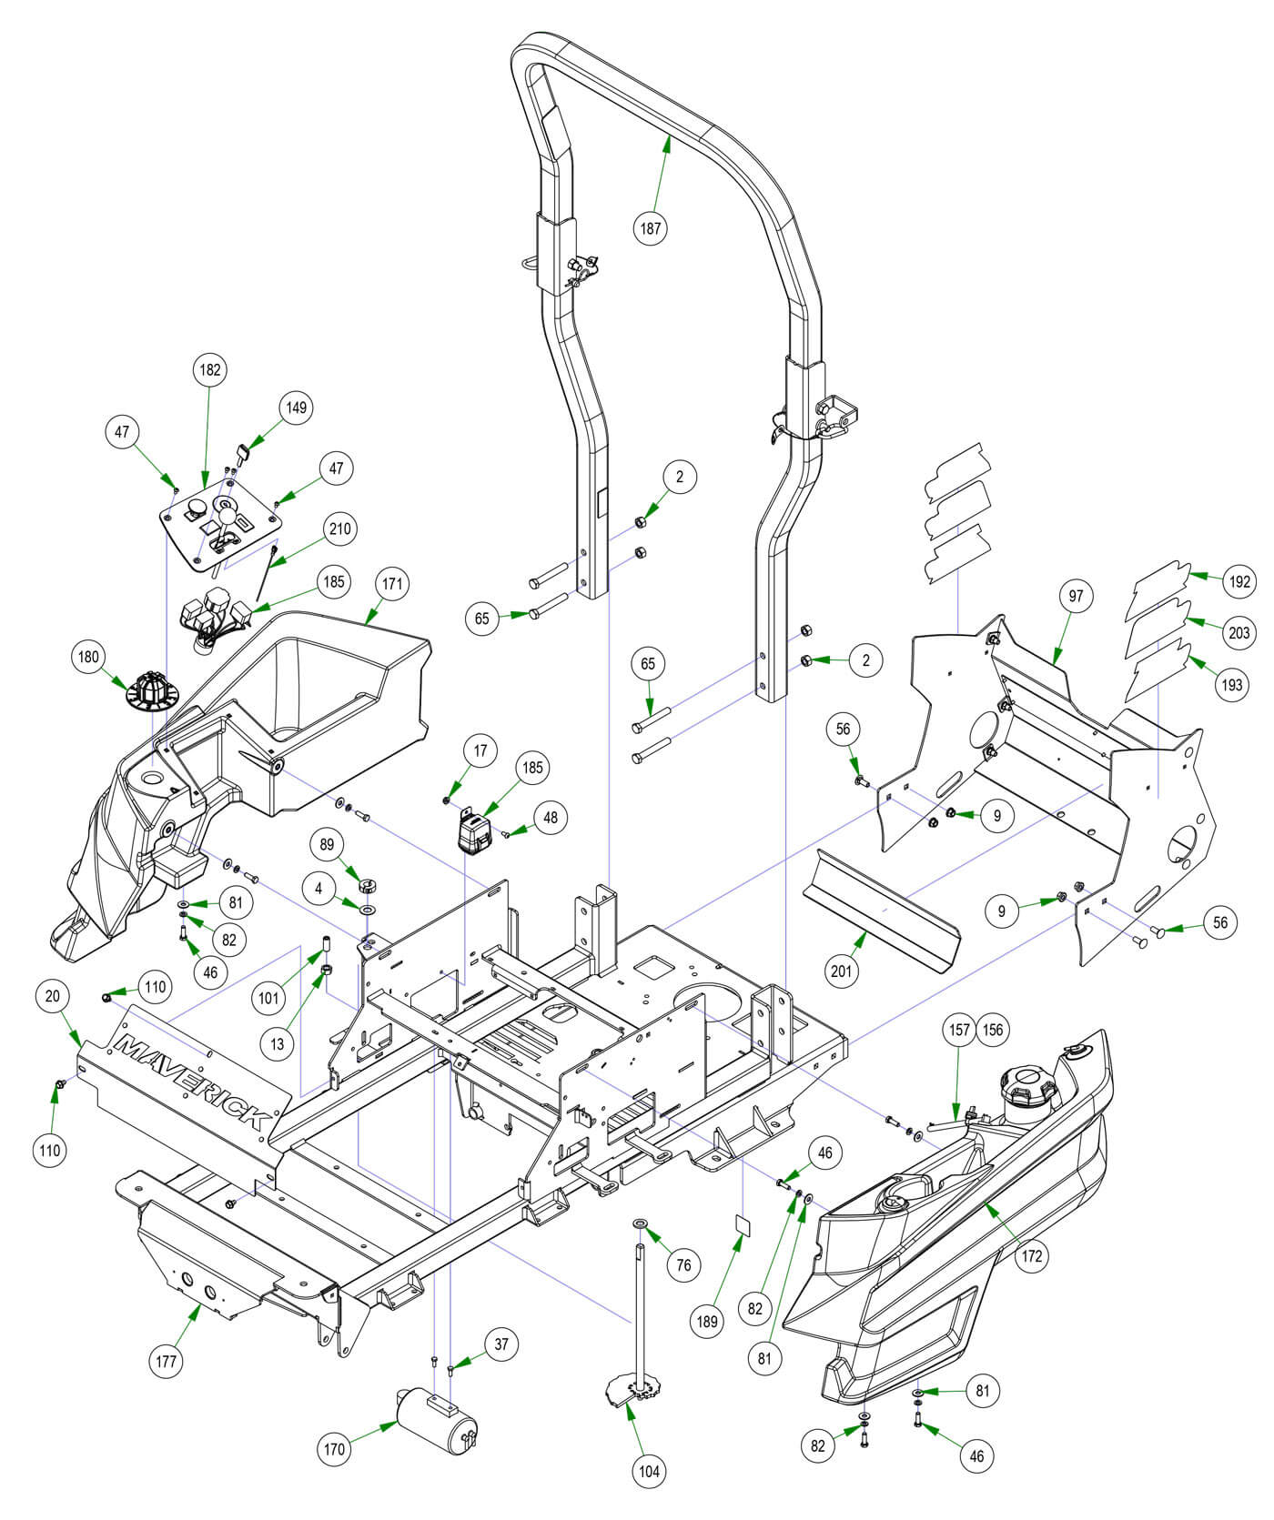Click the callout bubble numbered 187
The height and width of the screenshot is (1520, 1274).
coord(650,228)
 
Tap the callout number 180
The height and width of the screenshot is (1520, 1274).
coord(91,657)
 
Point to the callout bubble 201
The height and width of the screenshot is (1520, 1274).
coord(842,971)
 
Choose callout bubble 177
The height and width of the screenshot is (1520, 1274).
coord(167,1361)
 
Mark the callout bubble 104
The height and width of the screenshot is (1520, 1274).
coord(649,1471)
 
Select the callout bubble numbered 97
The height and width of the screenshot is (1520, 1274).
coord(1077,596)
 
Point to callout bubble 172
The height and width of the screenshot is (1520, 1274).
coord(1031,1256)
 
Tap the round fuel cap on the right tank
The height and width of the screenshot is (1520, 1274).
coord(1024,1084)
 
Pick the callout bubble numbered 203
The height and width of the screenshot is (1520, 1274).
coord(1239,632)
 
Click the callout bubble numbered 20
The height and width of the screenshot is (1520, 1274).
coord(52,996)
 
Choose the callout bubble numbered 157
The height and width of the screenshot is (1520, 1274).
coord(960,1029)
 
